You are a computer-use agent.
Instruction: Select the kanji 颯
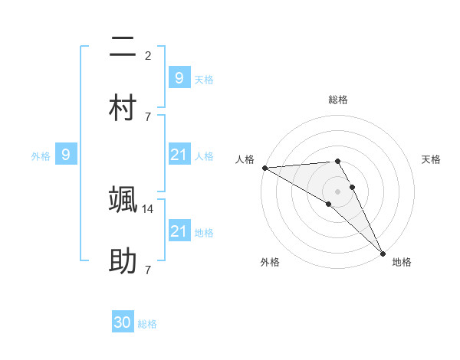pos(123,201)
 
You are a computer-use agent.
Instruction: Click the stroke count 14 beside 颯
pos(149,208)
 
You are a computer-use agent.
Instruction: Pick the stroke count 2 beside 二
pos(147,55)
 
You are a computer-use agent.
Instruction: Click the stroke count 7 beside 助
pos(147,270)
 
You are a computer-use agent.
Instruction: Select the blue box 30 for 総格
pos(123,323)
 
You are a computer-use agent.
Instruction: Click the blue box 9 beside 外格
pos(66,155)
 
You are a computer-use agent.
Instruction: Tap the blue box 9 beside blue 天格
pos(179,78)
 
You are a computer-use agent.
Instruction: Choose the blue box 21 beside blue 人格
pos(179,155)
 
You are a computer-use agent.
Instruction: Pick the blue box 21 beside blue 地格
pos(179,231)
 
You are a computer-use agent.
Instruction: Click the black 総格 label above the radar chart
pos(338,100)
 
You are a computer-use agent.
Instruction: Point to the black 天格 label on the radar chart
pos(432,159)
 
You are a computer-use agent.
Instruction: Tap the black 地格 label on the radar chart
pos(402,262)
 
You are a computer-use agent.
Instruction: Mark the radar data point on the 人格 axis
pos(264,168)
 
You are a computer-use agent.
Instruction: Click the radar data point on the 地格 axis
pos(383,253)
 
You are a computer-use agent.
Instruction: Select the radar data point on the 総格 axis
pos(337,161)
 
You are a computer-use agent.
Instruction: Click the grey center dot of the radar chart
pos(337,191)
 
